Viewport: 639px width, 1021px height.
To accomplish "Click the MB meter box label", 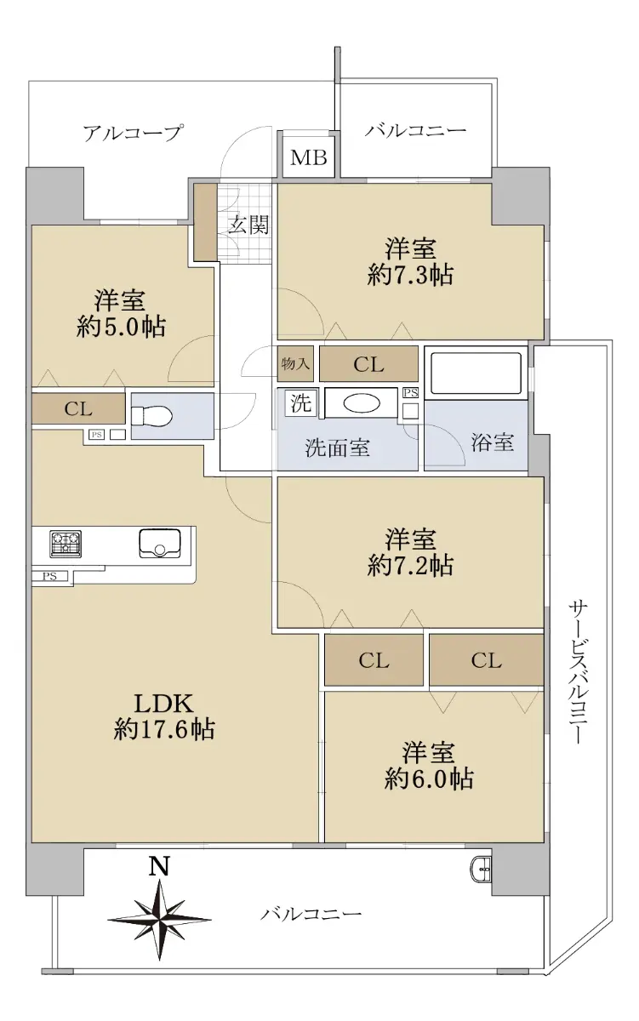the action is pos(309,157).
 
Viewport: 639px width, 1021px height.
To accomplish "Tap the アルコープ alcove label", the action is pos(133,133).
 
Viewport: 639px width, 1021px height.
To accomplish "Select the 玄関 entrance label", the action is pos(248,225).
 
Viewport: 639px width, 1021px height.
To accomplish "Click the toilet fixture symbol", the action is pos(151,416).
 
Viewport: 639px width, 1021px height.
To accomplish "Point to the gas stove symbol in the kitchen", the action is pos(66,544).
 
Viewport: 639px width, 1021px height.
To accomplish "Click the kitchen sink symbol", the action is pos(159,543).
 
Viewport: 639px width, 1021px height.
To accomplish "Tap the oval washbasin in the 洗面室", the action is pos(361,403).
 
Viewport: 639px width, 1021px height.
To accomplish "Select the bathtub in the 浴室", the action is pos(476,374).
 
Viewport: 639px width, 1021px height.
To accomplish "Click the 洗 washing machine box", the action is pos(300,403).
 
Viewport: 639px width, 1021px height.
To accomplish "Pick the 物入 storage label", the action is pos(295,364).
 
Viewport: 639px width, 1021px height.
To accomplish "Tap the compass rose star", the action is pos(159,919).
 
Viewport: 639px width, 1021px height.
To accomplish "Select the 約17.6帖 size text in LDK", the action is pos(164,729).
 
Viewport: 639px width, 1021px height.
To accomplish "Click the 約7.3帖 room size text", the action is pos(410,275).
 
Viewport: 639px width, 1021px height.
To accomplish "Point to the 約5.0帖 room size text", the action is pos(120,327).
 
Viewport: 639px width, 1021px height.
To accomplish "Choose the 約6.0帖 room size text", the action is pos(429,779).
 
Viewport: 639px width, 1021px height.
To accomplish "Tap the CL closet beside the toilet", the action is pos(78,408).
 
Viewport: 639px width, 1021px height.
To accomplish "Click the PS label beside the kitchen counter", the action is pos(49,576).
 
